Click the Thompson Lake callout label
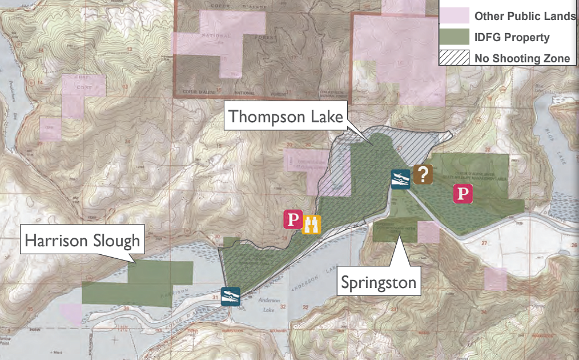[x=286, y=117]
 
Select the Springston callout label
[x=377, y=282]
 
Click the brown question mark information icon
[x=423, y=174]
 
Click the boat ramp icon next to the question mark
[x=400, y=179]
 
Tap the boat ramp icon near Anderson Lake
[x=231, y=296]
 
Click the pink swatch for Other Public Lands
[x=453, y=16]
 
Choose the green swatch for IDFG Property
[x=453, y=37]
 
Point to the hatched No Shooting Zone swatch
[x=453, y=58]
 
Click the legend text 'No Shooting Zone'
[x=522, y=58]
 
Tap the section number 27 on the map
[x=484, y=243]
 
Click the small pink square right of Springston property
[x=429, y=231]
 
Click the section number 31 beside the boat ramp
[x=215, y=297]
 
